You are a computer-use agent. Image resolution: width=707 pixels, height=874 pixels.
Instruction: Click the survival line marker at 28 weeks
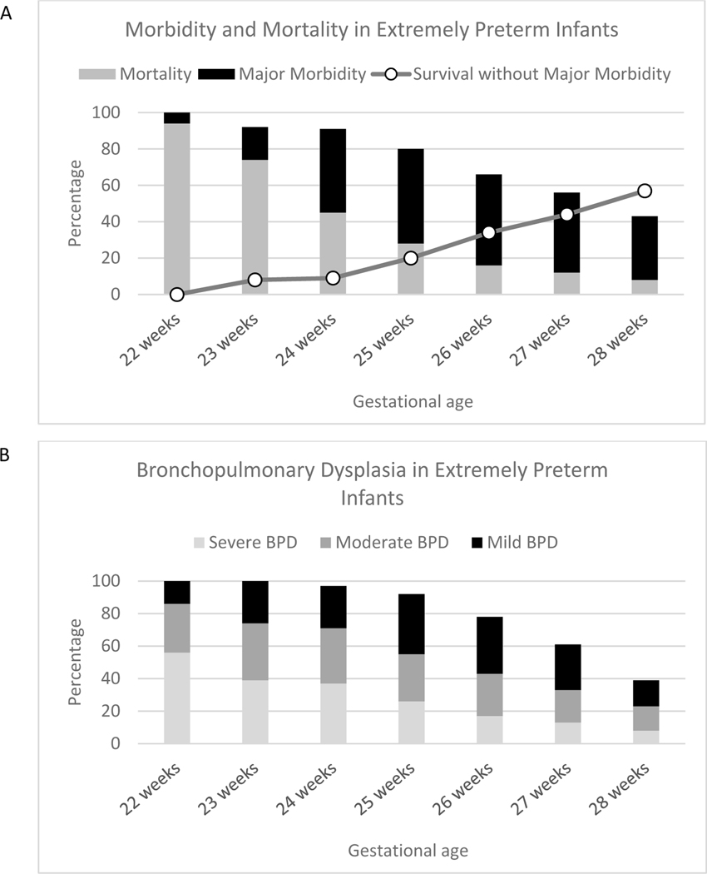[x=644, y=191]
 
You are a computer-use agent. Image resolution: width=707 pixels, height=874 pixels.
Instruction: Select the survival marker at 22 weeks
[x=176, y=294]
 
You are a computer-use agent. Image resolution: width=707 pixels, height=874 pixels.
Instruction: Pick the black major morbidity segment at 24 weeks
[x=333, y=166]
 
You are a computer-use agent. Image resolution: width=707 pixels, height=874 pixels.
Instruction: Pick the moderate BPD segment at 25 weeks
[x=411, y=677]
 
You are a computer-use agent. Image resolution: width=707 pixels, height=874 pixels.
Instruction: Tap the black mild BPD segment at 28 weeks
[x=644, y=693]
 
